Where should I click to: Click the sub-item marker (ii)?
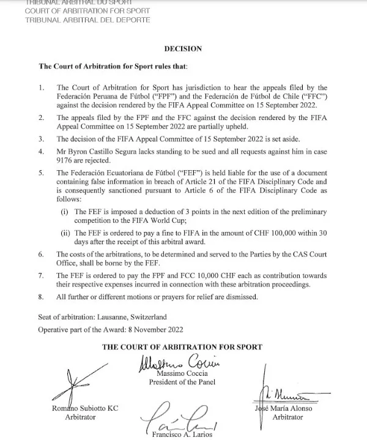click(x=64, y=233)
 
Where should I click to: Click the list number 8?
click(x=41, y=297)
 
